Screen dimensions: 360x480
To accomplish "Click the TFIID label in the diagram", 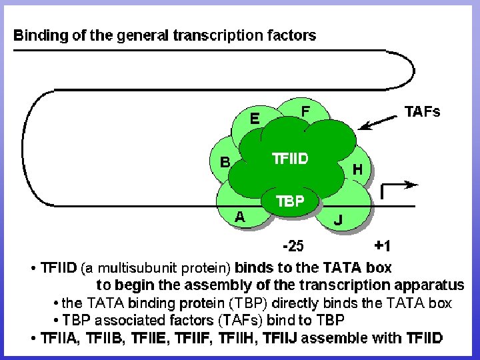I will point(290,159).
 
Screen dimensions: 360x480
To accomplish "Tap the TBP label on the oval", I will point(290,201).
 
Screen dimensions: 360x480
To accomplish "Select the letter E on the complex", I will point(254,119).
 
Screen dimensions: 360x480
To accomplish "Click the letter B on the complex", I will point(225,162).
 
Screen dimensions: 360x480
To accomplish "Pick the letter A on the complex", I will point(239,216).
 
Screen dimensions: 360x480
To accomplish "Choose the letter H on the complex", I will point(357,169).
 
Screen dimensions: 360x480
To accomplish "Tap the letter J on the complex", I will point(339,219).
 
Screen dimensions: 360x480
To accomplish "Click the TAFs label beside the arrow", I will point(423,112).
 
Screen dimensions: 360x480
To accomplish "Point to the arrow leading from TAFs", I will point(376,122).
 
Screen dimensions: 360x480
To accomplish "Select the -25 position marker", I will point(293,247).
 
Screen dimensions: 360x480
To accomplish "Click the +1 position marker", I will point(383,247).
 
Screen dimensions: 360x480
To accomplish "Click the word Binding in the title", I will point(40,35).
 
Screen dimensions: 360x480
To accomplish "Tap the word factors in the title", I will point(291,35).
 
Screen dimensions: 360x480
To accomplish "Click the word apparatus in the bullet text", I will point(433,285).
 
